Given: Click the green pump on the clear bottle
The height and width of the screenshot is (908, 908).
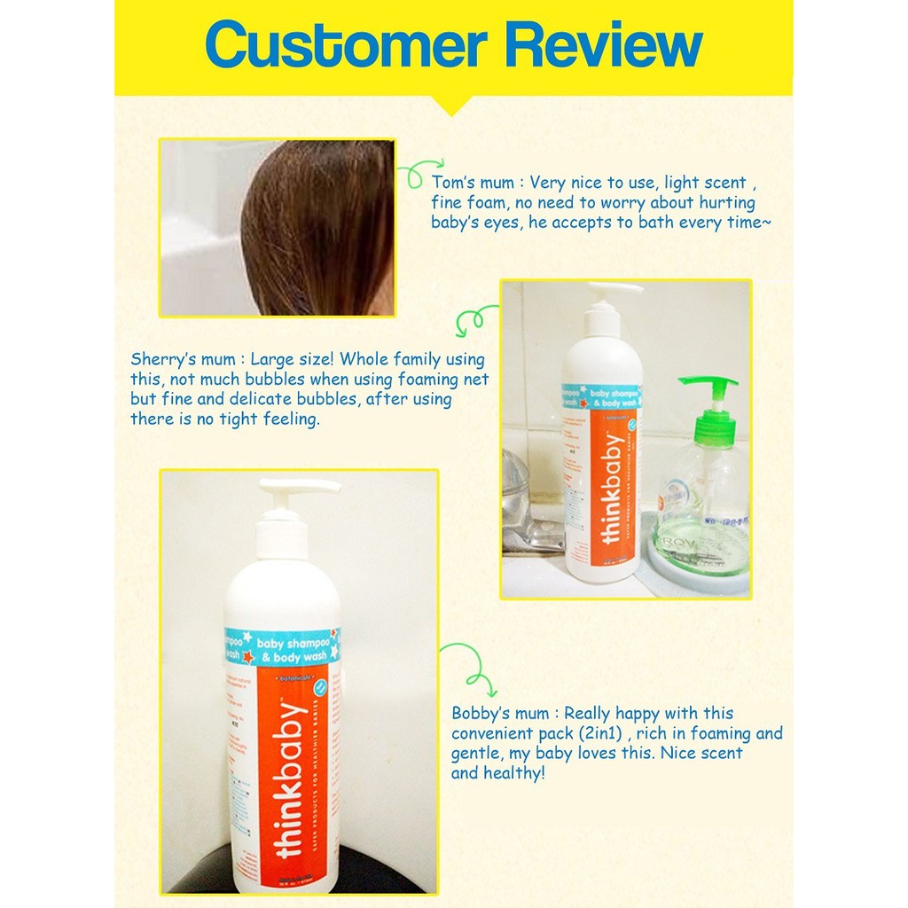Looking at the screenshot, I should (708, 407).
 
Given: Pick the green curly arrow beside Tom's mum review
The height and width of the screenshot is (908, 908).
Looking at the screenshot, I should (420, 172).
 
